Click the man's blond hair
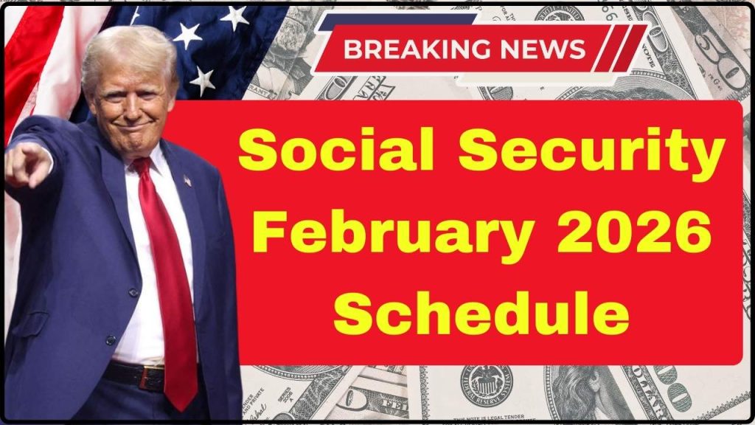(125, 48)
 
